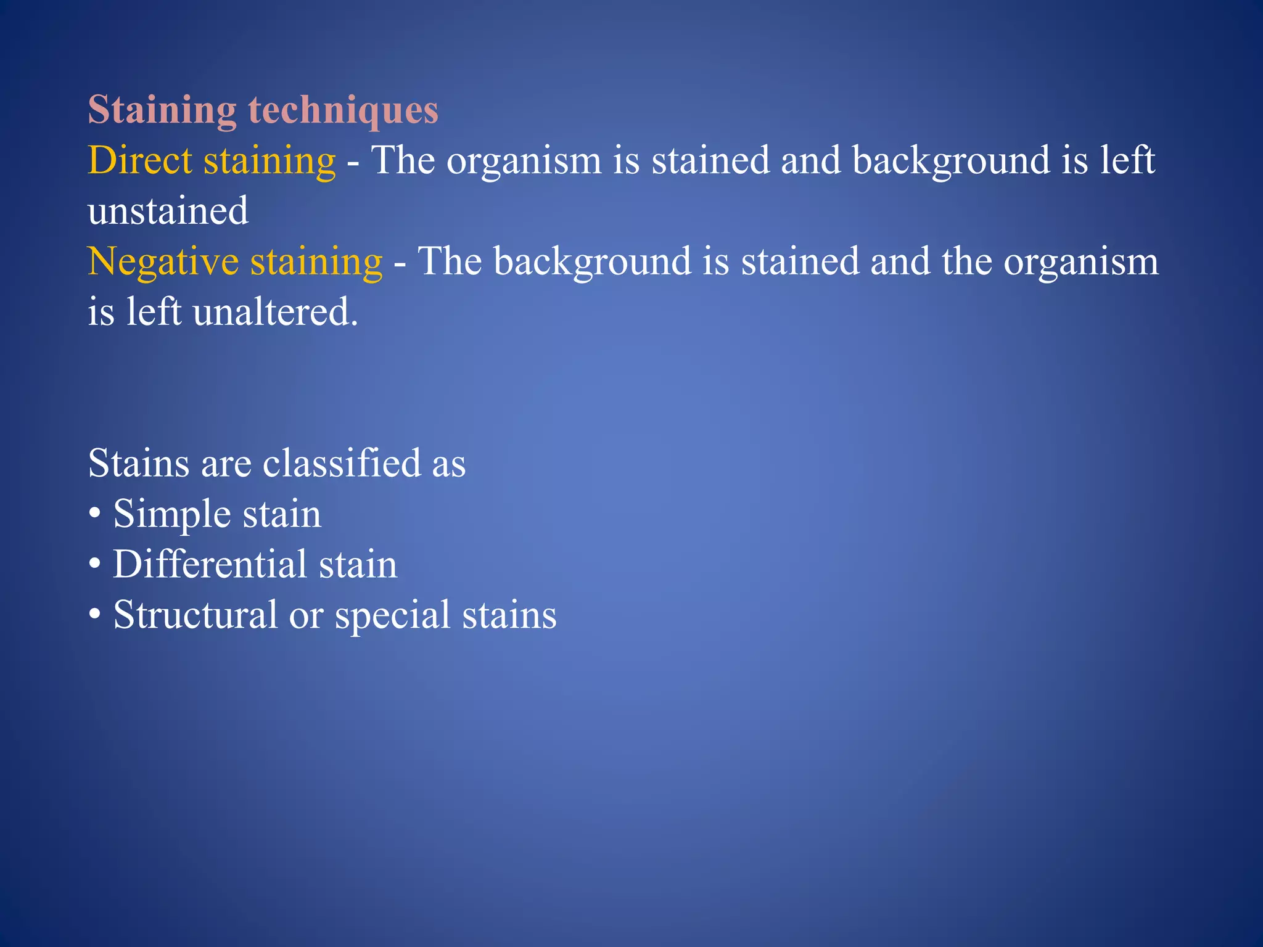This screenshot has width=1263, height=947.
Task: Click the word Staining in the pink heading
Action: pyautogui.click(x=162, y=110)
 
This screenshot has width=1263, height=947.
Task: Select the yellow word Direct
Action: pyautogui.click(x=140, y=161)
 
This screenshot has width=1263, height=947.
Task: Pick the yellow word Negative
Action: pyautogui.click(x=163, y=262)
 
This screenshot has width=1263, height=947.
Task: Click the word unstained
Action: pyautogui.click(x=168, y=211)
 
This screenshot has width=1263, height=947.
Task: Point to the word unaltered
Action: pyautogui.click(x=275, y=312)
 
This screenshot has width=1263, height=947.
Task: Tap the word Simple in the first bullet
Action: pyautogui.click(x=172, y=514)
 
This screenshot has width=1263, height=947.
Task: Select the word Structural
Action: pyautogui.click(x=195, y=615)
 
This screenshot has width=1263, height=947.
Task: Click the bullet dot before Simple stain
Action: pyautogui.click(x=94, y=514)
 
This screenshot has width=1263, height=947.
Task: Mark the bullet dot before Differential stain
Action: pyautogui.click(x=94, y=565)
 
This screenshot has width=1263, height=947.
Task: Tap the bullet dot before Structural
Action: pyautogui.click(x=94, y=615)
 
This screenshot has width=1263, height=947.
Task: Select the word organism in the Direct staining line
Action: pyautogui.click(x=524, y=161)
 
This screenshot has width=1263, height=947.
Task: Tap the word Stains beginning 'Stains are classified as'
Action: pyautogui.click(x=139, y=463)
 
